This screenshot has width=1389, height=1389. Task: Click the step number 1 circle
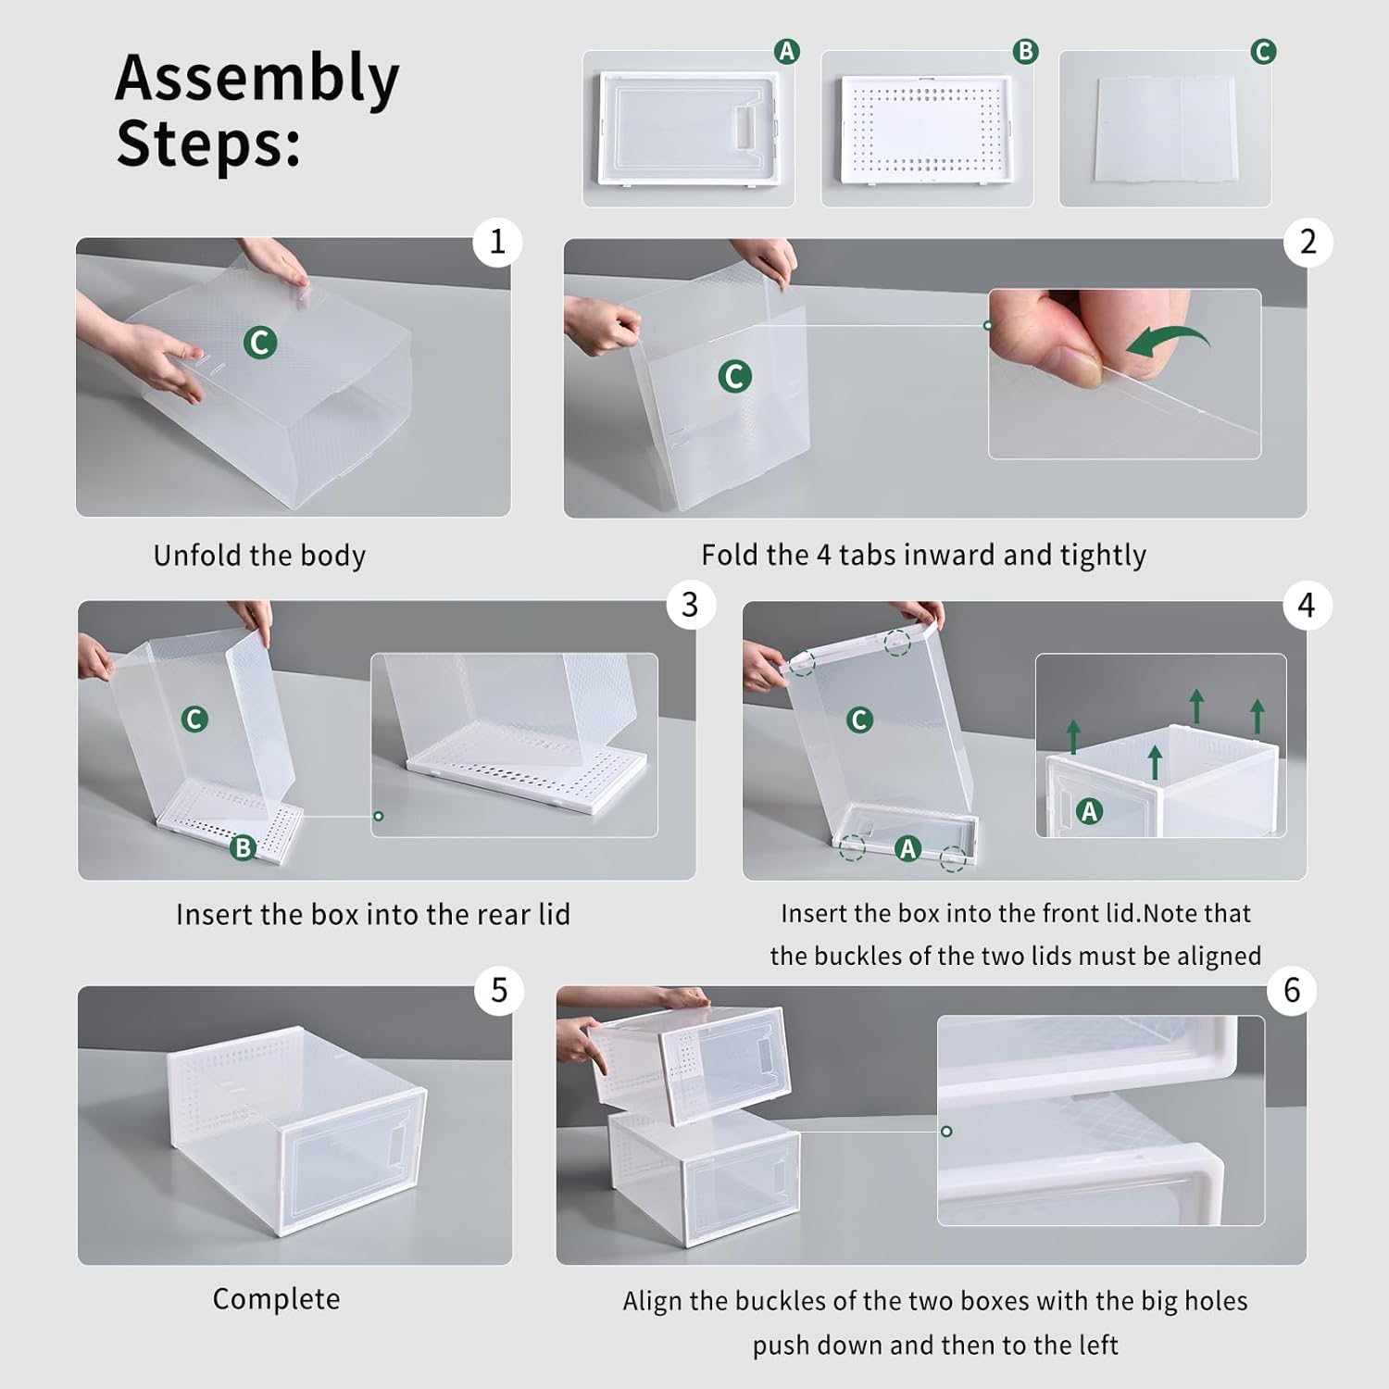click(x=497, y=243)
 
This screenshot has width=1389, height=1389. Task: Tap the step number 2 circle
click(x=1308, y=243)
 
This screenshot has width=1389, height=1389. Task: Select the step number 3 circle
click(x=690, y=606)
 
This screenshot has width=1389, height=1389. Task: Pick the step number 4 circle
click(x=1307, y=606)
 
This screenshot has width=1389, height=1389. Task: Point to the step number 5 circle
click(x=499, y=991)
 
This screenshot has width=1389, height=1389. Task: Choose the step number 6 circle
click(x=1292, y=991)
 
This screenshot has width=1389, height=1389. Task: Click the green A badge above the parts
click(x=786, y=51)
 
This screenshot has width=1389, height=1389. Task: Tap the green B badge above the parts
click(x=1025, y=51)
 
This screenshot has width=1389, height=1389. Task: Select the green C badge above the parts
click(x=1263, y=51)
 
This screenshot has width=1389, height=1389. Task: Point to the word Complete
click(x=276, y=1299)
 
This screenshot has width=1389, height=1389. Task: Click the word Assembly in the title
click(x=257, y=79)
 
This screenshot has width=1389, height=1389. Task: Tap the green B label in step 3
click(x=243, y=847)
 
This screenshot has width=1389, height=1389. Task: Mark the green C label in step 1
click(x=260, y=343)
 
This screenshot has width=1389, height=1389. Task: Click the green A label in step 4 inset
click(x=1089, y=812)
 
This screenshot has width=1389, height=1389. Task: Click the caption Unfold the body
click(x=259, y=556)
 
